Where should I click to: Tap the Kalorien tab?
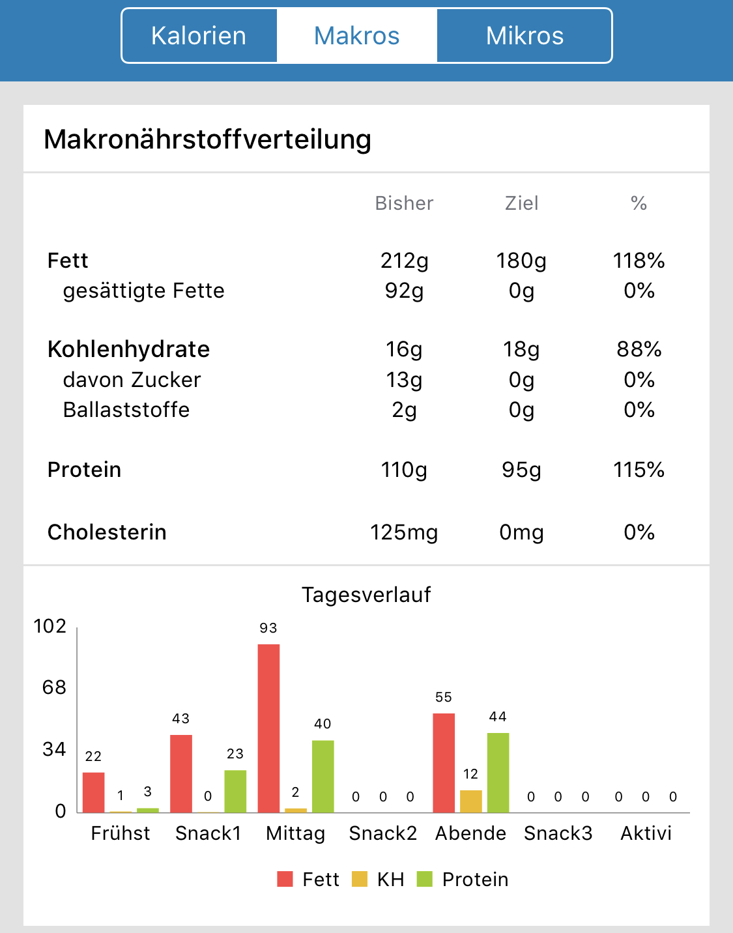199,36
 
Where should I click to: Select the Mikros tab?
525,36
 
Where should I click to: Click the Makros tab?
356,36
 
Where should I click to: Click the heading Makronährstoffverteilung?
207,139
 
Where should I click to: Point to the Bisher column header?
404,203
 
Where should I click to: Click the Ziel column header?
521,203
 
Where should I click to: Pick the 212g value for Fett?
404,261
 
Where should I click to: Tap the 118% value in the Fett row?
639,261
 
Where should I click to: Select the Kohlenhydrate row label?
128,349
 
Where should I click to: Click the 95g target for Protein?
521,470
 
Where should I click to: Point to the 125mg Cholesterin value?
404,532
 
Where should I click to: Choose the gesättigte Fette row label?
143,291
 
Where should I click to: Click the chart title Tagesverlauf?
366,595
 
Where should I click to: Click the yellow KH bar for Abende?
470,801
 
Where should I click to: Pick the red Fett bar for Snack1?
181,773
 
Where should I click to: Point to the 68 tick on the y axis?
55,687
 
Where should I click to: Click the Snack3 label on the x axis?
558,833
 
